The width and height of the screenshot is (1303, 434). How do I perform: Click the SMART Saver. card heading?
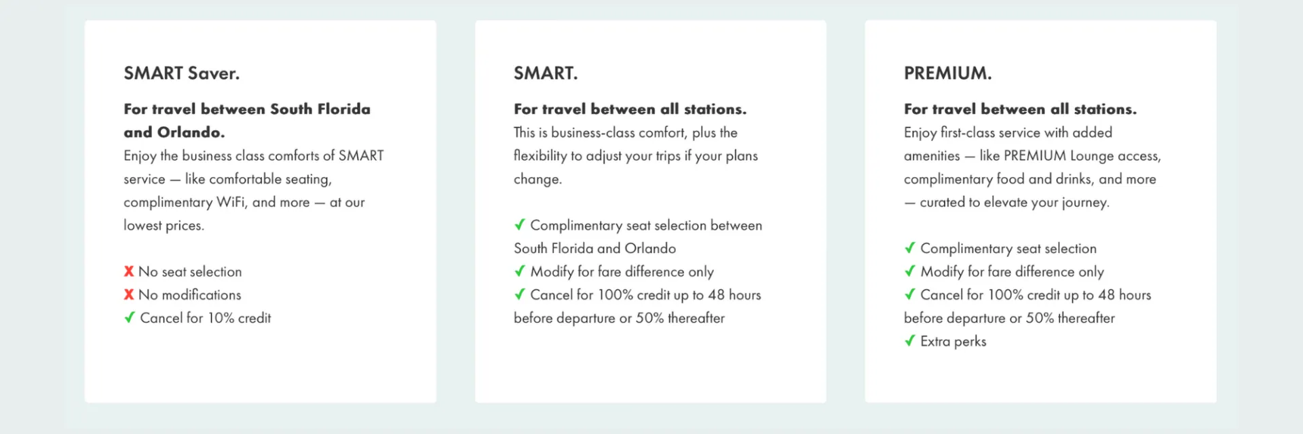181,73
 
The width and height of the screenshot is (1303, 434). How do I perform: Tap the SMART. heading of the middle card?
546,73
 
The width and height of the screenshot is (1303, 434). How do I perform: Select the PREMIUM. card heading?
947,73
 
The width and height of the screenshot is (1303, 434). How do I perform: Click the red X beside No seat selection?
129,271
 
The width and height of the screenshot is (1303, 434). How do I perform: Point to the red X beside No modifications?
129,294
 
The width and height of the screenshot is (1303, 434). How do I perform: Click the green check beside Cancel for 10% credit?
130,317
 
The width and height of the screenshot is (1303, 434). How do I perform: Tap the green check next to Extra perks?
910,340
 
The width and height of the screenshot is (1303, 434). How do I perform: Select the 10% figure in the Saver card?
221,318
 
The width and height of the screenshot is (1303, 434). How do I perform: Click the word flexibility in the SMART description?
540,156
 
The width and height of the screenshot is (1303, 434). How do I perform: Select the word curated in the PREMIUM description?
942,202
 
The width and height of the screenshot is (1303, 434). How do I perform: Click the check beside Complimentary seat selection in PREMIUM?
910,248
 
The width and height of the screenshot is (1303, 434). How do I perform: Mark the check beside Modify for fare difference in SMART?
520,271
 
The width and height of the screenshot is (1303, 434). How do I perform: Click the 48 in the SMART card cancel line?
716,295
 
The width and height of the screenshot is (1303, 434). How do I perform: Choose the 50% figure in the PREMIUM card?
1040,318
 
